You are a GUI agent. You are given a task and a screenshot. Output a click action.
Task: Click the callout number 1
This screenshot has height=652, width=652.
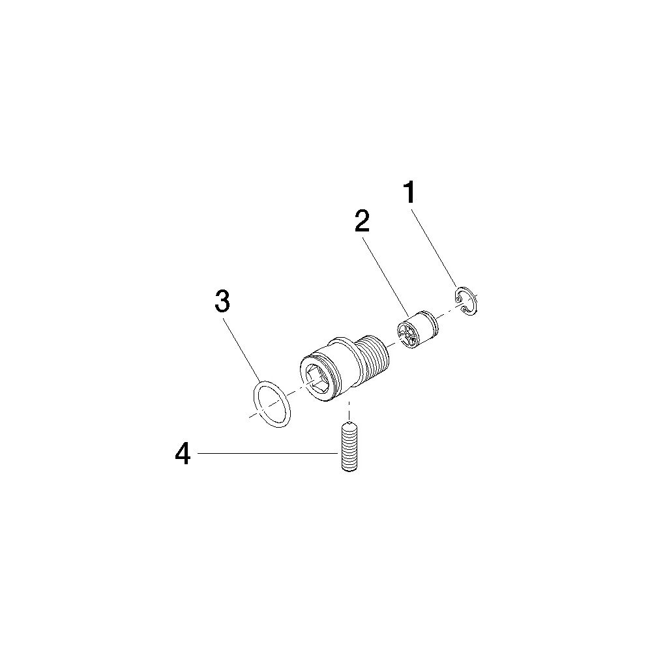pos(409,192)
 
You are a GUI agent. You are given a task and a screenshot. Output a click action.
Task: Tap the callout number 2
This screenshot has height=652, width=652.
pos(361,221)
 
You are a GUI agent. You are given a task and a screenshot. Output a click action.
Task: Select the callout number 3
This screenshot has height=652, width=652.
pos(222,301)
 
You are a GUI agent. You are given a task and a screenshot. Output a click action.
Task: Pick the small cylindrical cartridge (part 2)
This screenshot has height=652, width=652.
pos(417,329)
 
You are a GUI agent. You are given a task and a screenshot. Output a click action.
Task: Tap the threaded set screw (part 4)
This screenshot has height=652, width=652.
pos(349,447)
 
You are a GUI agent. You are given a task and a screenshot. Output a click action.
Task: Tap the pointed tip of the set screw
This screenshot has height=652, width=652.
pos(349,423)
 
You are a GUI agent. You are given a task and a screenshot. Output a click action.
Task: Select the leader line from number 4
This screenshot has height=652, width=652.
pos(267,453)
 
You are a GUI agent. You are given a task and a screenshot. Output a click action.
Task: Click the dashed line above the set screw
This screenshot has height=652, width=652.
pos(349,410)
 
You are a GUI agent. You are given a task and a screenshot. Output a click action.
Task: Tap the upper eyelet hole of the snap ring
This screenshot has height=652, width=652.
pos(458,298)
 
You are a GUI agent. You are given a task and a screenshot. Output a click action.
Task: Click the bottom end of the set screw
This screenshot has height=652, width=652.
pos(349,469)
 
